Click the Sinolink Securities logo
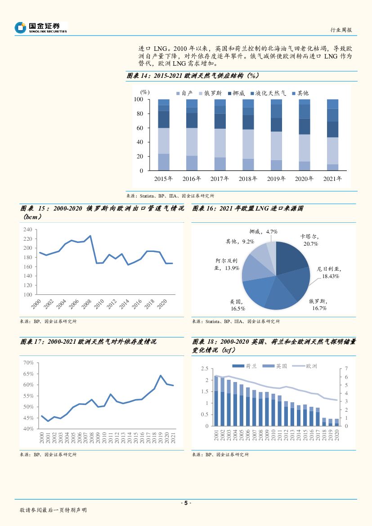click(40, 27)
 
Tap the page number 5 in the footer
click(186, 503)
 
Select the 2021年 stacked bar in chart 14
click(332, 135)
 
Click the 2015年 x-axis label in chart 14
click(163, 179)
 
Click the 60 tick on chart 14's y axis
click(139, 128)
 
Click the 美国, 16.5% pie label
click(237, 305)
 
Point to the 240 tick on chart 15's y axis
click(27, 229)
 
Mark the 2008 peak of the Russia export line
click(90, 236)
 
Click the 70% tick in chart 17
click(28, 363)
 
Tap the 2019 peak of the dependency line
click(161, 375)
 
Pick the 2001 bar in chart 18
click(216, 400)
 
